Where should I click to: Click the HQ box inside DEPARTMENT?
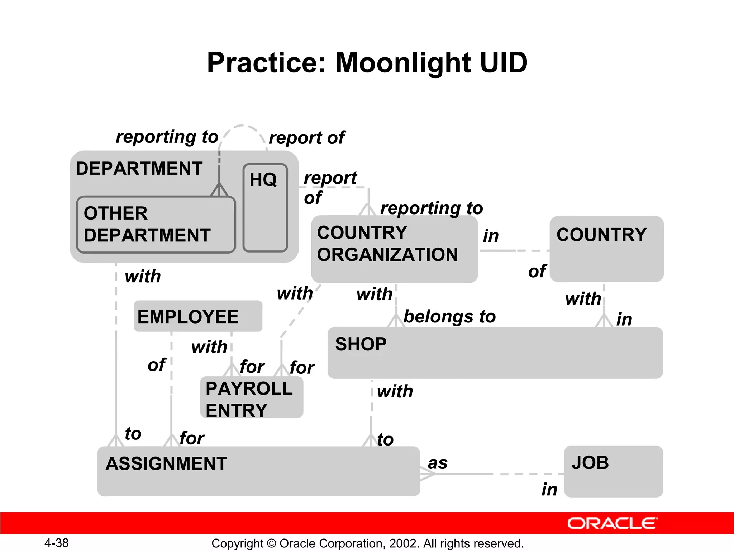click(x=265, y=208)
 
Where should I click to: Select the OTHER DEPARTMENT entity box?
click(x=156, y=225)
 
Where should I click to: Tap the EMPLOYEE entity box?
click(x=198, y=316)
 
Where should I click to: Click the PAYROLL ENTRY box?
click(x=252, y=397)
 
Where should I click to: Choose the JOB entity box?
click(x=613, y=471)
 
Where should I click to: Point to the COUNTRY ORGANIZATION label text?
click(x=387, y=244)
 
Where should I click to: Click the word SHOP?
click(x=361, y=344)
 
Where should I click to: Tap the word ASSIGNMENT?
click(x=166, y=463)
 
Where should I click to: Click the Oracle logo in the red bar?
click(x=612, y=523)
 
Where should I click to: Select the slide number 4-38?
click(x=56, y=543)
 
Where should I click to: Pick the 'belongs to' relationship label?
click(x=449, y=317)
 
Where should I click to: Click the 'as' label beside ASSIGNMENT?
click(x=438, y=463)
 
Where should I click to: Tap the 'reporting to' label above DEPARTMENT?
click(x=167, y=137)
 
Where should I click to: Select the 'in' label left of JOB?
click(x=549, y=489)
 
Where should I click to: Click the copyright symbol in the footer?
click(x=271, y=543)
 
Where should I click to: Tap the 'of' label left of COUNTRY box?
click(x=537, y=271)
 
